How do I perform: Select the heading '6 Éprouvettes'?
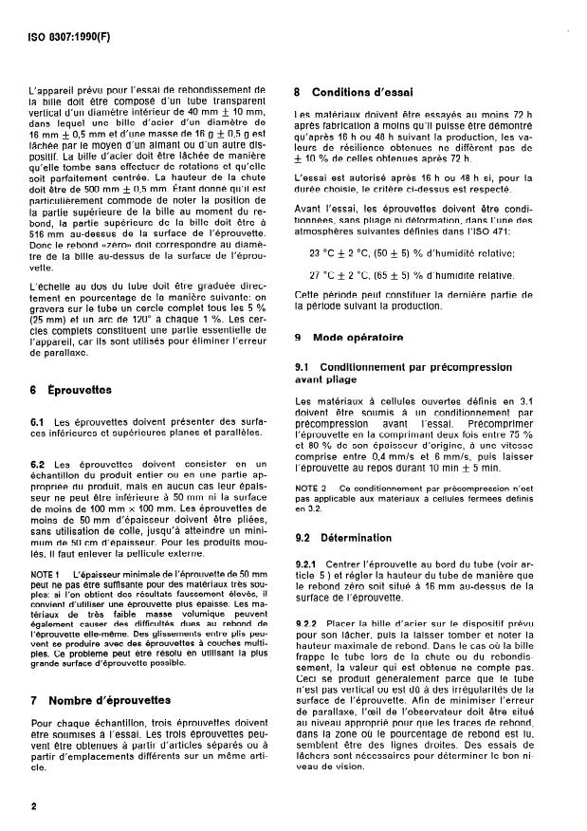(x=72, y=390)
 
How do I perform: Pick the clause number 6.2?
(x=39, y=464)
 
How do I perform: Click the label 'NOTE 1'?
(x=44, y=575)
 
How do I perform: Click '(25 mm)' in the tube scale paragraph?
(x=49, y=319)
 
